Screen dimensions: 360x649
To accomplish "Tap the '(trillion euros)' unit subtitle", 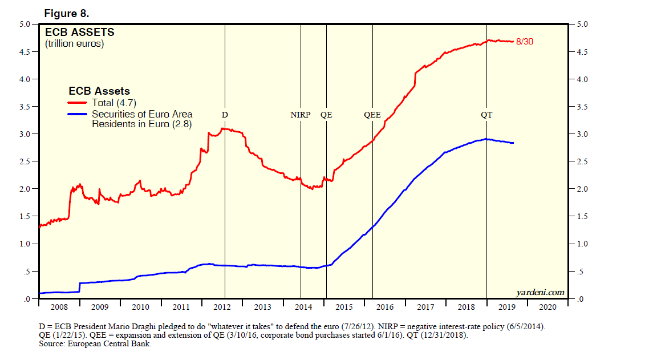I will pos(75,43).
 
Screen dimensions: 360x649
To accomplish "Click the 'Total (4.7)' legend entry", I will pos(113,103).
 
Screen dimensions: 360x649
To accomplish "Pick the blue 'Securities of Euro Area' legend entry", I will pos(142,114).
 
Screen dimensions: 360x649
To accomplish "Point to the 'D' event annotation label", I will pos(225,115).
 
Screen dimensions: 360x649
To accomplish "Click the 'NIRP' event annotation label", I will pos(301,115).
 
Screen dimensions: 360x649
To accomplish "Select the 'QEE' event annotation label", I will pos(372,115).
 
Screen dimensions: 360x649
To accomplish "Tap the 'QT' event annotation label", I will pos(486,115).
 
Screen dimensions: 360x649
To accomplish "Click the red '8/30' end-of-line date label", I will pos(524,41).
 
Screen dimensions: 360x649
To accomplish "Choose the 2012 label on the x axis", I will pos(222,307).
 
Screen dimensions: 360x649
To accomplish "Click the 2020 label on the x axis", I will pos(548,307).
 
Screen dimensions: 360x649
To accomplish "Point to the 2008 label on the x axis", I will pos(59,307).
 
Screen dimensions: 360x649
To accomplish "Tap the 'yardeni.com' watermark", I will pos(540,292).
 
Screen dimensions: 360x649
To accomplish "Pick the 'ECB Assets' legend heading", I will pos(99,91).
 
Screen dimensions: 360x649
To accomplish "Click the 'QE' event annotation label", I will pos(326,115).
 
